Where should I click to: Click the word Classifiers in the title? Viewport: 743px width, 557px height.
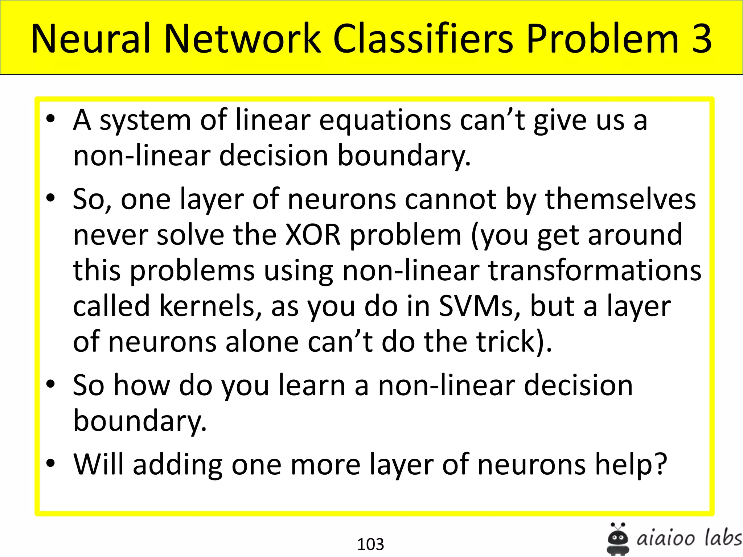coord(423,39)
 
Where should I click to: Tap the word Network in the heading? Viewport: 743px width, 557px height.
coord(242,39)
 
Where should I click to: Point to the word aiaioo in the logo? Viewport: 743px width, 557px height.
coord(666,538)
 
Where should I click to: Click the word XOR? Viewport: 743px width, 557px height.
coord(313,235)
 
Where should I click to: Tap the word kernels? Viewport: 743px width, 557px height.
coord(210,306)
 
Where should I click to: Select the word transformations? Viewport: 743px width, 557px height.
coord(595,271)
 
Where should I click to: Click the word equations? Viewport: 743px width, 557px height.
coord(385,120)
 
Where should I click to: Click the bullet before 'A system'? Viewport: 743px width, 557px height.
coord(51,119)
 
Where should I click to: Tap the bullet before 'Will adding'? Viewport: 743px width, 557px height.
coord(51,463)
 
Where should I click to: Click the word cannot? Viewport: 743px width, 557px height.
coord(451,199)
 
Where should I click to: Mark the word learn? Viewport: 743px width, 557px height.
coord(312,385)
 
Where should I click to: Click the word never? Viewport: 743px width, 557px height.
coord(110,235)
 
